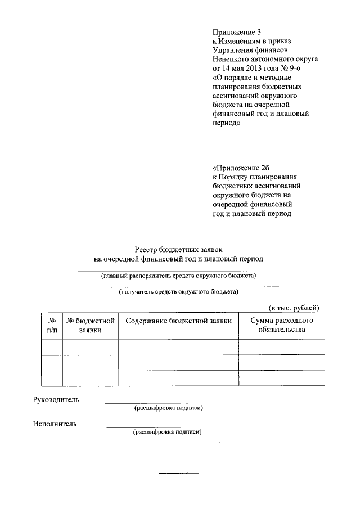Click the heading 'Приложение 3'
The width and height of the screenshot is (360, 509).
(x=236, y=32)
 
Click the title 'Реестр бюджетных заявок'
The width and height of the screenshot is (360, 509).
(x=178, y=249)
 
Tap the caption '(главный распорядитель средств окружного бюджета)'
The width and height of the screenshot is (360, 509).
(x=178, y=276)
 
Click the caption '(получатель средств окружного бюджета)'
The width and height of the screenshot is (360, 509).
(x=178, y=292)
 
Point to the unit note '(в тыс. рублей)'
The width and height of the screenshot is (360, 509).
(x=293, y=308)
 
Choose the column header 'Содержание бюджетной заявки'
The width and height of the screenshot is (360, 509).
(x=178, y=321)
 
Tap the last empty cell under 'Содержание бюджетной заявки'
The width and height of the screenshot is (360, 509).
(x=178, y=378)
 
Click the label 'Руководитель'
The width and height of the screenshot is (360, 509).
(x=56, y=400)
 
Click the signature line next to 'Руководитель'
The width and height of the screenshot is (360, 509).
(x=172, y=403)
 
